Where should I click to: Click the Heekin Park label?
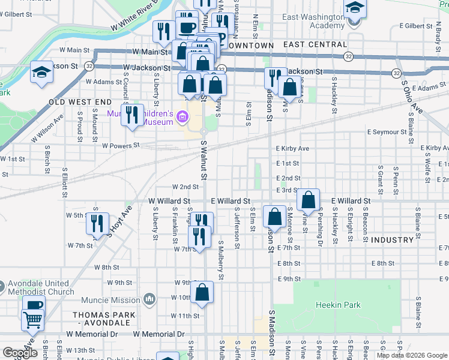338,305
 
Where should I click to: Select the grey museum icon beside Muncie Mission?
149,299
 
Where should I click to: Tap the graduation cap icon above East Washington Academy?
354,9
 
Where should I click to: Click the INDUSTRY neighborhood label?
392,240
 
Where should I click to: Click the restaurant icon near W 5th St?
95,223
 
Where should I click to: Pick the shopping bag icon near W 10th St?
202,293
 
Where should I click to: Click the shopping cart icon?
32,319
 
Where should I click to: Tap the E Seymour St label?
388,132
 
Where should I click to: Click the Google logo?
20,353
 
